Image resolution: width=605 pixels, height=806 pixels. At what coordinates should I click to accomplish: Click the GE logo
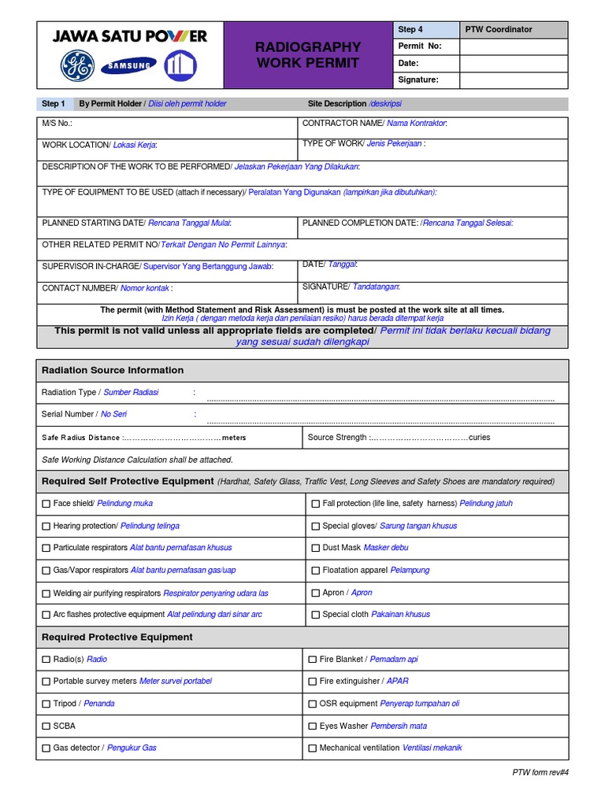[77, 66]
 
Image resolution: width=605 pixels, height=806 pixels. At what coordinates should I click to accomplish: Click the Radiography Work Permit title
[308, 54]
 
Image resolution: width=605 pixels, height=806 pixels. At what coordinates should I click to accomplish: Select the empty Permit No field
[513, 46]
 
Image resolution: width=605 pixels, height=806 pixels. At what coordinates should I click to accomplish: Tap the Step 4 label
[410, 30]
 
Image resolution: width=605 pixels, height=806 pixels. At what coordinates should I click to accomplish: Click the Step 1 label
[54, 104]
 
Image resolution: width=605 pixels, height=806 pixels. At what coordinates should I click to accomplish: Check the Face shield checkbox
[46, 504]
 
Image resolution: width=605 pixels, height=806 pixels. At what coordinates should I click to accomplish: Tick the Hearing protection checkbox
[46, 526]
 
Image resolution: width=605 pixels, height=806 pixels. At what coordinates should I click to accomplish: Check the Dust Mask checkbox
[316, 548]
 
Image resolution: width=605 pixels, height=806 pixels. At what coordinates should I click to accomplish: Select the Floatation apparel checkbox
[316, 571]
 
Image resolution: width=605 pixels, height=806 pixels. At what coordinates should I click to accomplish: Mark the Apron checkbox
[316, 593]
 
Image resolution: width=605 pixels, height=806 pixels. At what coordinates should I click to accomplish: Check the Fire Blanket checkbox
[313, 660]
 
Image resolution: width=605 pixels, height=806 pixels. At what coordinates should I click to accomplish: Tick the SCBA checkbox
[46, 727]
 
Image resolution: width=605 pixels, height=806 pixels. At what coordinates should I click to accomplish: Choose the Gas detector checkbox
[46, 749]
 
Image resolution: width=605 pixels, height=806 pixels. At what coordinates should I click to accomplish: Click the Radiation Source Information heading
[113, 370]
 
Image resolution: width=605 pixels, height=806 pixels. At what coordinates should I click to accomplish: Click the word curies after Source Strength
[479, 438]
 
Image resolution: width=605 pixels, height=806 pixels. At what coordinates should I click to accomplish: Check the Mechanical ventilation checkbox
[313, 749]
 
